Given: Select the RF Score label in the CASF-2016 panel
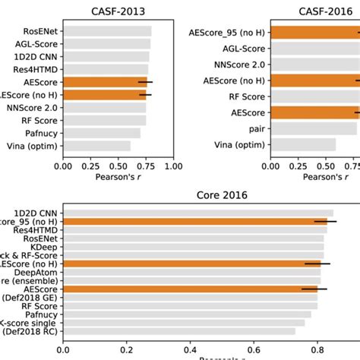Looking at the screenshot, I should [245, 96].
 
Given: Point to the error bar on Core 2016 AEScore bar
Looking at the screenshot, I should [314, 289].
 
